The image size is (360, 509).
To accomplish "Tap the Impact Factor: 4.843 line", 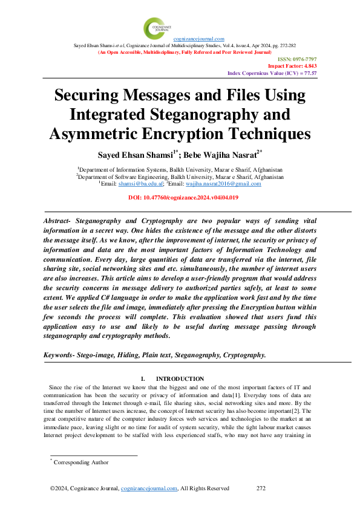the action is (292, 66).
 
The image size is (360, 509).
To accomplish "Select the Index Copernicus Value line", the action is (272, 73).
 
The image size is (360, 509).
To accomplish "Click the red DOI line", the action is (180, 198).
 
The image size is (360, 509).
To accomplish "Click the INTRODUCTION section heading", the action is (180, 378).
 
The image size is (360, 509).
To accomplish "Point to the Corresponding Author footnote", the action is (81, 462).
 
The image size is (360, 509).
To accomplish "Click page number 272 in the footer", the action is (261, 488).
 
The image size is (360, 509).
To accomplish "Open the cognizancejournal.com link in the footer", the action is (149, 488).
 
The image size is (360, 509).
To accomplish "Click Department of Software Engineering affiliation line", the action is (180, 177).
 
